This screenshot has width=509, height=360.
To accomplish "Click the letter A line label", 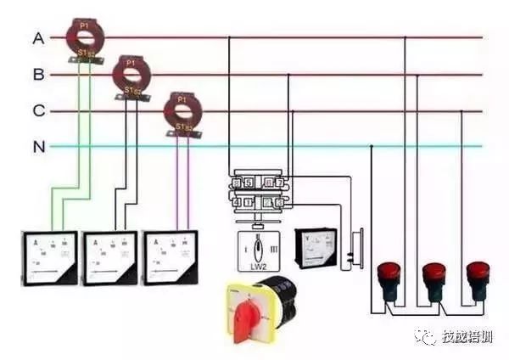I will click(38, 38).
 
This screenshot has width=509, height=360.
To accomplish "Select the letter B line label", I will click(38, 75).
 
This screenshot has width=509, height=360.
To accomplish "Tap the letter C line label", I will click(38, 110).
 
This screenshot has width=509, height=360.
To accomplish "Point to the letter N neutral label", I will click(38, 146).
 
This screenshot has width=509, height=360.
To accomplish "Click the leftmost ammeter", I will click(49, 256).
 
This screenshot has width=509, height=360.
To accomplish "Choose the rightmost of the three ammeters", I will click(173, 256).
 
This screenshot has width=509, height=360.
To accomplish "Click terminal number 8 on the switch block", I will click(236, 182).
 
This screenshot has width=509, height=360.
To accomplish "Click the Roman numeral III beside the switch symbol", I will click(272, 250).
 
